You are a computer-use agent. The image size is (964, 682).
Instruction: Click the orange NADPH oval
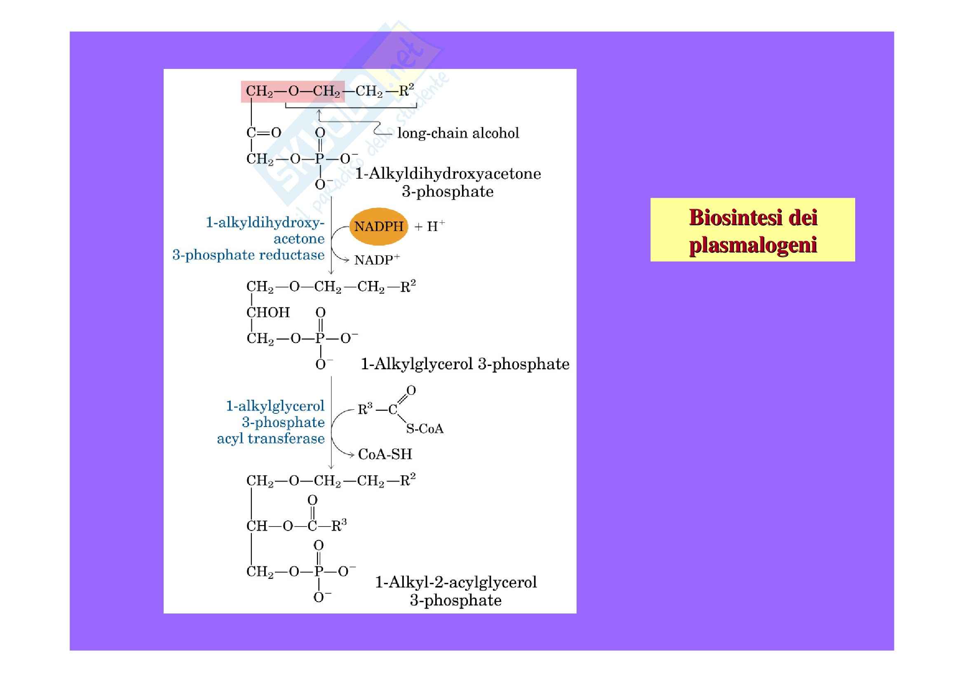tap(378, 227)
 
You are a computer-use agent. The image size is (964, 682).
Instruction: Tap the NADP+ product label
tap(377, 260)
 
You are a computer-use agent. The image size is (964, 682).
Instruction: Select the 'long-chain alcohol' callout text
tap(458, 133)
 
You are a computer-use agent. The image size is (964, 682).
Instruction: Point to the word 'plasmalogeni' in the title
tap(753, 245)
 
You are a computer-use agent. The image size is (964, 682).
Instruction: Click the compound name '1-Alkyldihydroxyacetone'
tap(448, 174)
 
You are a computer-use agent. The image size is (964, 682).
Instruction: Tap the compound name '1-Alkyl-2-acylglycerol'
tap(455, 582)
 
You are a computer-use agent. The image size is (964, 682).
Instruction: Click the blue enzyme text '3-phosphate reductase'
tap(249, 255)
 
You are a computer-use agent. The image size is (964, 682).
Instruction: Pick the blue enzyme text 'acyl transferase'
tap(271, 439)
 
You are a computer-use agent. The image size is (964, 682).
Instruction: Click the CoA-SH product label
tap(385, 454)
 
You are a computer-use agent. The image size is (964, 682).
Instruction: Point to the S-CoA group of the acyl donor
tap(425, 429)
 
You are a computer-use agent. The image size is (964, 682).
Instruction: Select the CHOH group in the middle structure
tap(268, 313)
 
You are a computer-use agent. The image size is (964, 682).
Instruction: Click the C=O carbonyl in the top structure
tap(264, 133)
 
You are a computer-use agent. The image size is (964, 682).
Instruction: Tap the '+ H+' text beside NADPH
tap(429, 227)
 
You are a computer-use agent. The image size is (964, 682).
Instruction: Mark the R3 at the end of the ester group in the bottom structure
tap(339, 525)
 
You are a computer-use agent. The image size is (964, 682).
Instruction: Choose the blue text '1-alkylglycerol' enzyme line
tap(275, 406)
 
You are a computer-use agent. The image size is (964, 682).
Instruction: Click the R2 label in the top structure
tap(406, 90)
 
